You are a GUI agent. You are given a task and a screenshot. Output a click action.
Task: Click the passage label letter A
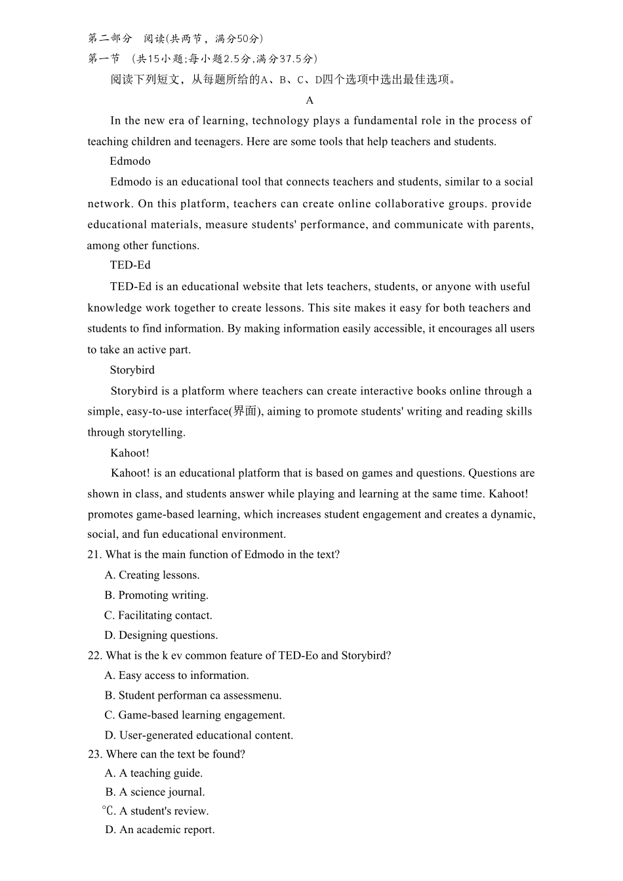(x=310, y=100)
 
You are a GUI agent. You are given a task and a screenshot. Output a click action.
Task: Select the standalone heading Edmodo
(x=130, y=161)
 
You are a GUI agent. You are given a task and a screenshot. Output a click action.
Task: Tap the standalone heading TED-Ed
(x=130, y=265)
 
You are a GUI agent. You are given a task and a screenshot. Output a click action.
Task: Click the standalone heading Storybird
(x=132, y=370)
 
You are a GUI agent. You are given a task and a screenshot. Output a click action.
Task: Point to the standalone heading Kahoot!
(x=129, y=453)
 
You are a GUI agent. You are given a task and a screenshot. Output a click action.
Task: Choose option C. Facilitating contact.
(x=158, y=615)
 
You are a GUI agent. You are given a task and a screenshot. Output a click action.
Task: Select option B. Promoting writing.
(x=156, y=595)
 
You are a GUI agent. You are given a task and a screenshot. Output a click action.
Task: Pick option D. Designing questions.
(x=161, y=635)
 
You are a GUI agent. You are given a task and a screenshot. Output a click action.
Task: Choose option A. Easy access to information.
(x=176, y=675)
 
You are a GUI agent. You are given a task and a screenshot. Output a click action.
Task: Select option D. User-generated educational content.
(x=199, y=735)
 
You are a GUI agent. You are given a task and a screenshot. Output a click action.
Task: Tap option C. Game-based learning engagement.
(x=194, y=715)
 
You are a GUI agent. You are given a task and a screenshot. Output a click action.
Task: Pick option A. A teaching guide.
(x=153, y=773)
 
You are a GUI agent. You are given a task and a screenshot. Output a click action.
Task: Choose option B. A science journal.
(x=155, y=792)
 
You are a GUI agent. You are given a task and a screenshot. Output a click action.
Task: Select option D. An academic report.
(x=159, y=830)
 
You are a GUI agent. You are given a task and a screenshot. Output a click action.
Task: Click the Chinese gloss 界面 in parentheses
(x=245, y=411)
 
